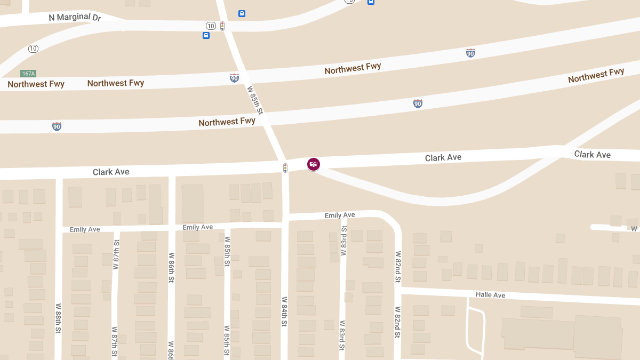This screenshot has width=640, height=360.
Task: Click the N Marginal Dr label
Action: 75,17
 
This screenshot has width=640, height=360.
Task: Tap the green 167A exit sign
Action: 28,74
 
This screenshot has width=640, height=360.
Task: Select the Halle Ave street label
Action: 490,295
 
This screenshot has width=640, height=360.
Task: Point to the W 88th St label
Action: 58,319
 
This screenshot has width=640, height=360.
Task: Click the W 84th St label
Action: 285,311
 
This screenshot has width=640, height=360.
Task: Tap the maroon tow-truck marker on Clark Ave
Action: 314,164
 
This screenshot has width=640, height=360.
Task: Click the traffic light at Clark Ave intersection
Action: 285,168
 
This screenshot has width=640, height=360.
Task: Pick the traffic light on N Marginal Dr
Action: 222,26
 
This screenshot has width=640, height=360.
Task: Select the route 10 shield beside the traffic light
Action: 211,26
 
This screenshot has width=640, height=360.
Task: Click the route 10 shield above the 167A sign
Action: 33,49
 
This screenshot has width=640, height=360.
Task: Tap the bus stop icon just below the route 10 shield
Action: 206,36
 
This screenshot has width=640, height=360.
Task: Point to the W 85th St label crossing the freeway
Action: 255,100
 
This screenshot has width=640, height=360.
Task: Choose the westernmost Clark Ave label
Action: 111,172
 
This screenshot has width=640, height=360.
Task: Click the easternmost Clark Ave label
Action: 592,155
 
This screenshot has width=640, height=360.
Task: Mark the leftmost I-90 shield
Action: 57,126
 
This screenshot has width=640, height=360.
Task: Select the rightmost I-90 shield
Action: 470,53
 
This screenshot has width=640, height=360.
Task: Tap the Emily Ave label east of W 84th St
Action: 340,215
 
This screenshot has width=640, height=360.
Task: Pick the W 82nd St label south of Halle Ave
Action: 398,322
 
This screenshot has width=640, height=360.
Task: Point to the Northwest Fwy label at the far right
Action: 596,75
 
